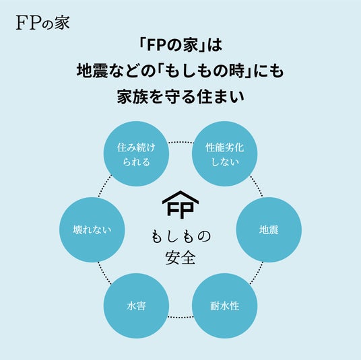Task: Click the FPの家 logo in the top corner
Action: tap(43, 23)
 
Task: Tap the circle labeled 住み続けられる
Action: tap(136, 153)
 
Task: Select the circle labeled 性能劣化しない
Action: tap(225, 153)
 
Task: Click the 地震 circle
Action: tap(269, 229)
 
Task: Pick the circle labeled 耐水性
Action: tap(225, 305)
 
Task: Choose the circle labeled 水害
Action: tap(136, 305)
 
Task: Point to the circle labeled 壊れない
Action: tap(92, 229)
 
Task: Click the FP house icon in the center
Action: tap(180, 205)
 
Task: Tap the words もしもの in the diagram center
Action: tap(180, 236)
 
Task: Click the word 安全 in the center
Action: tap(180, 258)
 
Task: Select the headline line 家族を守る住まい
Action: tap(180, 97)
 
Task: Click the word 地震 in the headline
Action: tap(92, 71)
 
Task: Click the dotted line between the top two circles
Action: tap(180, 142)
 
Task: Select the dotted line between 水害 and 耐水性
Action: tap(180, 317)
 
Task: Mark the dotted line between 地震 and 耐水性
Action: tap(256, 273)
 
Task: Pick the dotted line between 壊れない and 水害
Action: tap(105, 273)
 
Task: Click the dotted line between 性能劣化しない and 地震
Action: tap(256, 186)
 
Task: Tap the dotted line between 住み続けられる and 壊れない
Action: tap(105, 186)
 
